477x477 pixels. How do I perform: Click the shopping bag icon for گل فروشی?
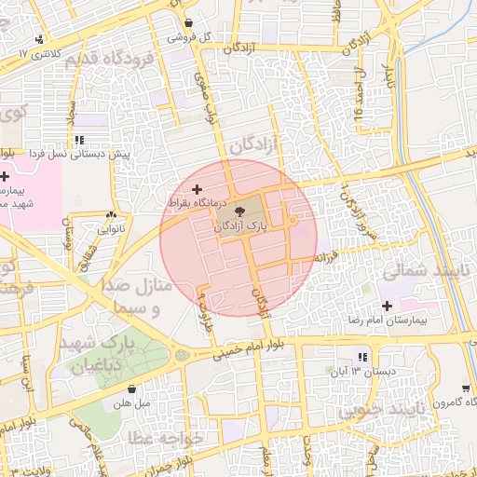tap(189, 23)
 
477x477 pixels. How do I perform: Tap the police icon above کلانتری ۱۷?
tap(39, 39)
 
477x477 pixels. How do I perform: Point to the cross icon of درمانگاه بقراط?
tap(196, 189)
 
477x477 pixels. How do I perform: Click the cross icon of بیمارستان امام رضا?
tap(387, 307)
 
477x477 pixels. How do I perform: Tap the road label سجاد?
tap(71, 114)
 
